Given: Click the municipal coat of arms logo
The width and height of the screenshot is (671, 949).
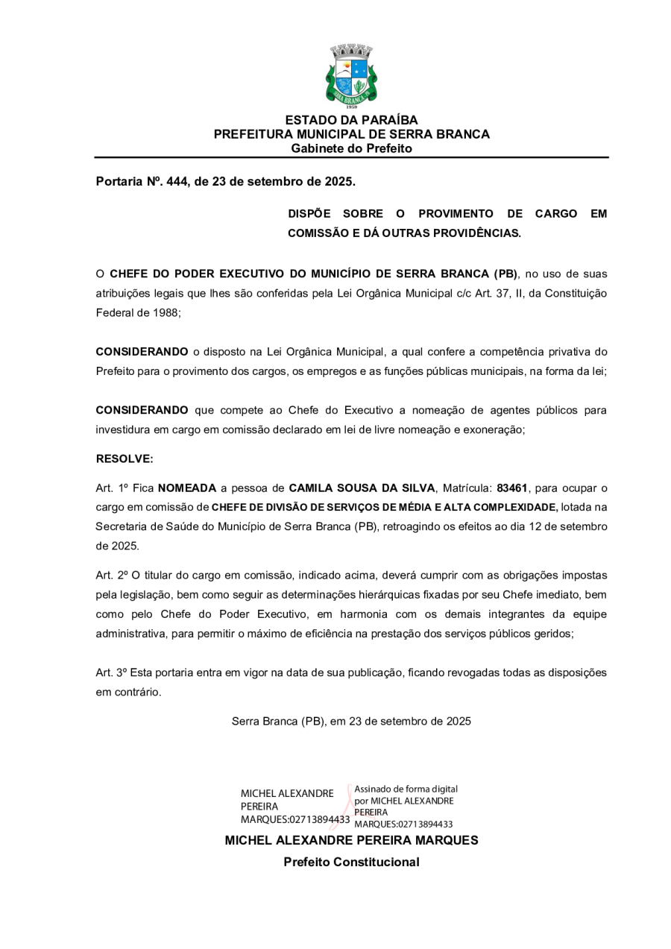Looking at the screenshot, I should (351, 75).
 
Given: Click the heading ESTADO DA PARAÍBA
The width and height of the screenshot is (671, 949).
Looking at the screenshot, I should (351, 120).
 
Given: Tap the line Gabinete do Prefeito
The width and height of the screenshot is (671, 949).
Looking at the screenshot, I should (351, 148).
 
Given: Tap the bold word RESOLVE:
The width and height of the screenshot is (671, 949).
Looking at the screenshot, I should (125, 459).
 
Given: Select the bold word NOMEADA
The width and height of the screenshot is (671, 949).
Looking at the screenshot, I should (186, 488).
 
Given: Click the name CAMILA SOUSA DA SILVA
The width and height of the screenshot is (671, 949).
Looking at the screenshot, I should (362, 488).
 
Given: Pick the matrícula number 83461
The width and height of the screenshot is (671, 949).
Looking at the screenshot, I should (512, 488).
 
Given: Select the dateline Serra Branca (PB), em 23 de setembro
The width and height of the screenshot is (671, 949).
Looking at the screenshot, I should (351, 722).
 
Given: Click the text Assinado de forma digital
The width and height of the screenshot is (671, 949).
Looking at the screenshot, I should (406, 789).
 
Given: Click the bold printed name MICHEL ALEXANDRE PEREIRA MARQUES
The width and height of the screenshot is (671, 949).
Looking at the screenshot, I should (351, 840).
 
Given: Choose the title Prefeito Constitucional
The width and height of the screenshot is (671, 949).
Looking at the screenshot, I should (351, 863).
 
